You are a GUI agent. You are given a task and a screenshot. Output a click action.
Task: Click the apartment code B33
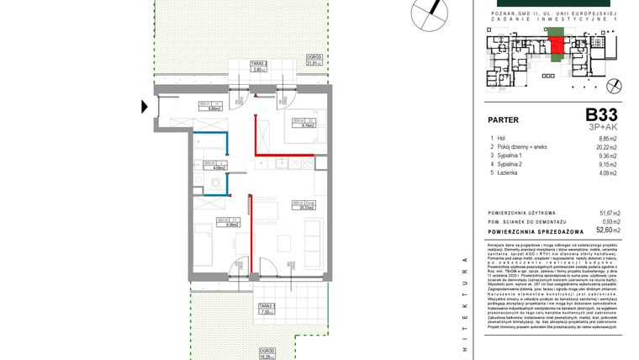click(603, 114)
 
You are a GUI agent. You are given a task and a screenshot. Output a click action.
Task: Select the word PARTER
click(504, 119)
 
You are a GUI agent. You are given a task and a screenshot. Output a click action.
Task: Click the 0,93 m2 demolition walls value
click(609, 221)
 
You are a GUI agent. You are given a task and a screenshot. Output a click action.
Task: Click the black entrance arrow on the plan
click(145, 106)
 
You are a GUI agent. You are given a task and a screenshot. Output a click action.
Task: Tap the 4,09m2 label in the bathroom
click(209, 168)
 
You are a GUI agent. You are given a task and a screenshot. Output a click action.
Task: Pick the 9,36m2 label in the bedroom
click(208, 225)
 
